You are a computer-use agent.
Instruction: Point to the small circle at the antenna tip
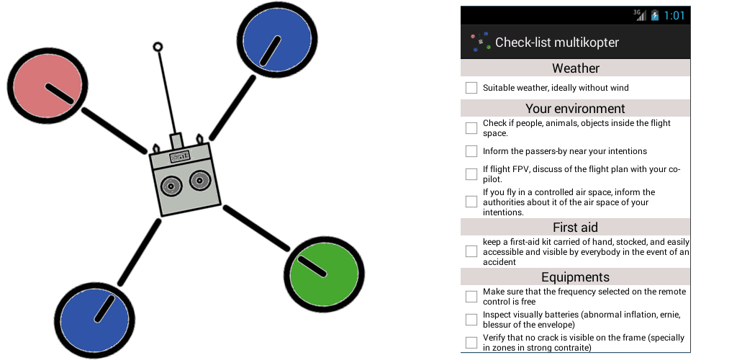(x=158, y=48)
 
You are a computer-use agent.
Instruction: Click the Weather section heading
(x=575, y=68)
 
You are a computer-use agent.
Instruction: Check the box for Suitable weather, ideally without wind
(x=471, y=88)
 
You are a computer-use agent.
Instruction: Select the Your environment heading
(x=575, y=109)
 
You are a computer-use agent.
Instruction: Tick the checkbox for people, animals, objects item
(x=471, y=128)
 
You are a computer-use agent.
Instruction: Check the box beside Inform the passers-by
(x=471, y=151)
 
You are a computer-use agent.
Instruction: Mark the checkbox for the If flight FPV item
(x=471, y=174)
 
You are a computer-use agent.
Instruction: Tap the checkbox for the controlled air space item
(x=471, y=202)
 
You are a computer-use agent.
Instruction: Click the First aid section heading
(x=575, y=228)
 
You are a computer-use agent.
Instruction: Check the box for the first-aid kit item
(x=471, y=252)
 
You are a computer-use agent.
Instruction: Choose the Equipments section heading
(x=575, y=277)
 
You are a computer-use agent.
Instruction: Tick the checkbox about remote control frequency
(x=471, y=297)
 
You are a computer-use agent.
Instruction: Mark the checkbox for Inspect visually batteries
(x=471, y=320)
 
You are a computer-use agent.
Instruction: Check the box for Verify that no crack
(x=471, y=343)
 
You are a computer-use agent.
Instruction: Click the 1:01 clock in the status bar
(x=674, y=15)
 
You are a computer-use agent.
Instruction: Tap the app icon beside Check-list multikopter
(x=480, y=42)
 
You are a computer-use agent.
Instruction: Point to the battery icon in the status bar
(x=655, y=15)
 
